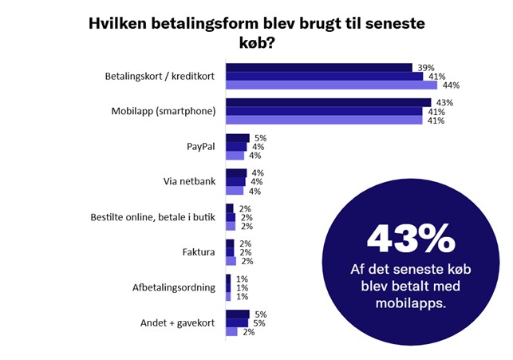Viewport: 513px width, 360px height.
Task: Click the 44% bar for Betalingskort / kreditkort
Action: [x=331, y=85]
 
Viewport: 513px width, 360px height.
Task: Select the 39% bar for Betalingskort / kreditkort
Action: [x=318, y=68]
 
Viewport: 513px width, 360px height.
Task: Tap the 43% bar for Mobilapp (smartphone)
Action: [x=328, y=103]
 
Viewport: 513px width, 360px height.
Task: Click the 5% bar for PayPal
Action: [x=237, y=138]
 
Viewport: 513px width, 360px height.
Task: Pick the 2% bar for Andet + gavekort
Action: [x=231, y=331]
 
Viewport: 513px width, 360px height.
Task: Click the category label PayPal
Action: [x=199, y=147]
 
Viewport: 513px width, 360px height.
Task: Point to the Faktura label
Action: [x=198, y=252]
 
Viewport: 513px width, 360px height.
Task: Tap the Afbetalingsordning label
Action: [x=174, y=287]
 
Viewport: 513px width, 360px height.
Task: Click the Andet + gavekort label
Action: [x=178, y=322]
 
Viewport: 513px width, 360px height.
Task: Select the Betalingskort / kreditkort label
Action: [x=160, y=77]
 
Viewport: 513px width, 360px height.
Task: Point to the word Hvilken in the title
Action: [x=119, y=24]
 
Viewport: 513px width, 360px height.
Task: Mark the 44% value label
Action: [x=451, y=85]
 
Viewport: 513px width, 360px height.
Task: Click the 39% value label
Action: [x=425, y=68]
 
